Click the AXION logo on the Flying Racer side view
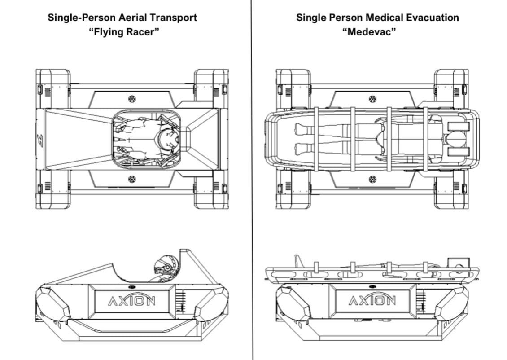pyautogui.click(x=131, y=300)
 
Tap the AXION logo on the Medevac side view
pyautogui.click(x=372, y=300)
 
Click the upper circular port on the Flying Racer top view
pyautogui.click(x=132, y=99)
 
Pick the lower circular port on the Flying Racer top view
pyautogui.click(x=132, y=180)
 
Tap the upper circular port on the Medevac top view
pyautogui.click(x=372, y=99)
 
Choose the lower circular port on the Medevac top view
pyautogui.click(x=372, y=180)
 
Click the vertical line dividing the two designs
pyautogui.click(x=252, y=180)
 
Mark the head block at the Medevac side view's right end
pyautogui.click(x=459, y=262)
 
